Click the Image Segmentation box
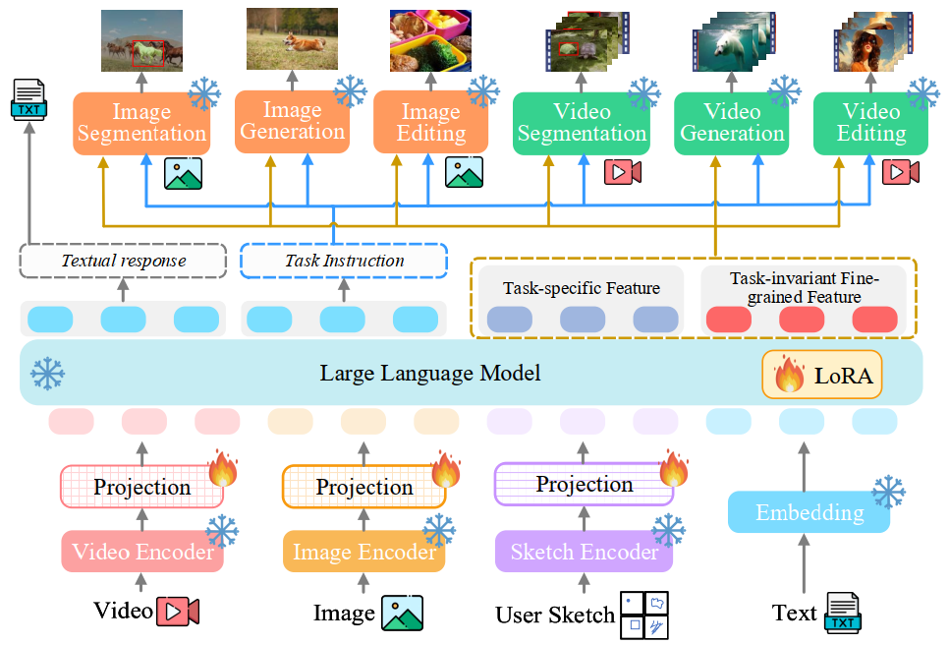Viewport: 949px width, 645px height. coord(141,123)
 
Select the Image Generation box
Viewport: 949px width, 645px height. coord(292,122)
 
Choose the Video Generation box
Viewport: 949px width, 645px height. coord(732,123)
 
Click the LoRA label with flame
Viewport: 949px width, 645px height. coord(822,376)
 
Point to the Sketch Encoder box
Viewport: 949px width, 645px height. coord(584,553)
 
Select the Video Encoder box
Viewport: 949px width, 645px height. coord(142,553)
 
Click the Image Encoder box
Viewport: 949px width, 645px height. coord(363,553)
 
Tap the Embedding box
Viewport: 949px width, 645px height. coord(809,512)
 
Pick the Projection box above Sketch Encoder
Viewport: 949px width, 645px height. coord(584,484)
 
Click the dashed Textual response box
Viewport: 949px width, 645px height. coord(123,262)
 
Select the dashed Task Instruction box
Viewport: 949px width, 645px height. coord(344,262)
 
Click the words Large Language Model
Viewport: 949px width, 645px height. coord(430,374)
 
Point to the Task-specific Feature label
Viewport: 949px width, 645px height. coord(581,289)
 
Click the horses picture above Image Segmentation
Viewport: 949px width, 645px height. coord(141,41)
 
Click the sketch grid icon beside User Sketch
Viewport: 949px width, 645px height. coord(644,615)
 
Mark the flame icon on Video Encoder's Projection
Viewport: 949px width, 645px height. coord(223,470)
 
